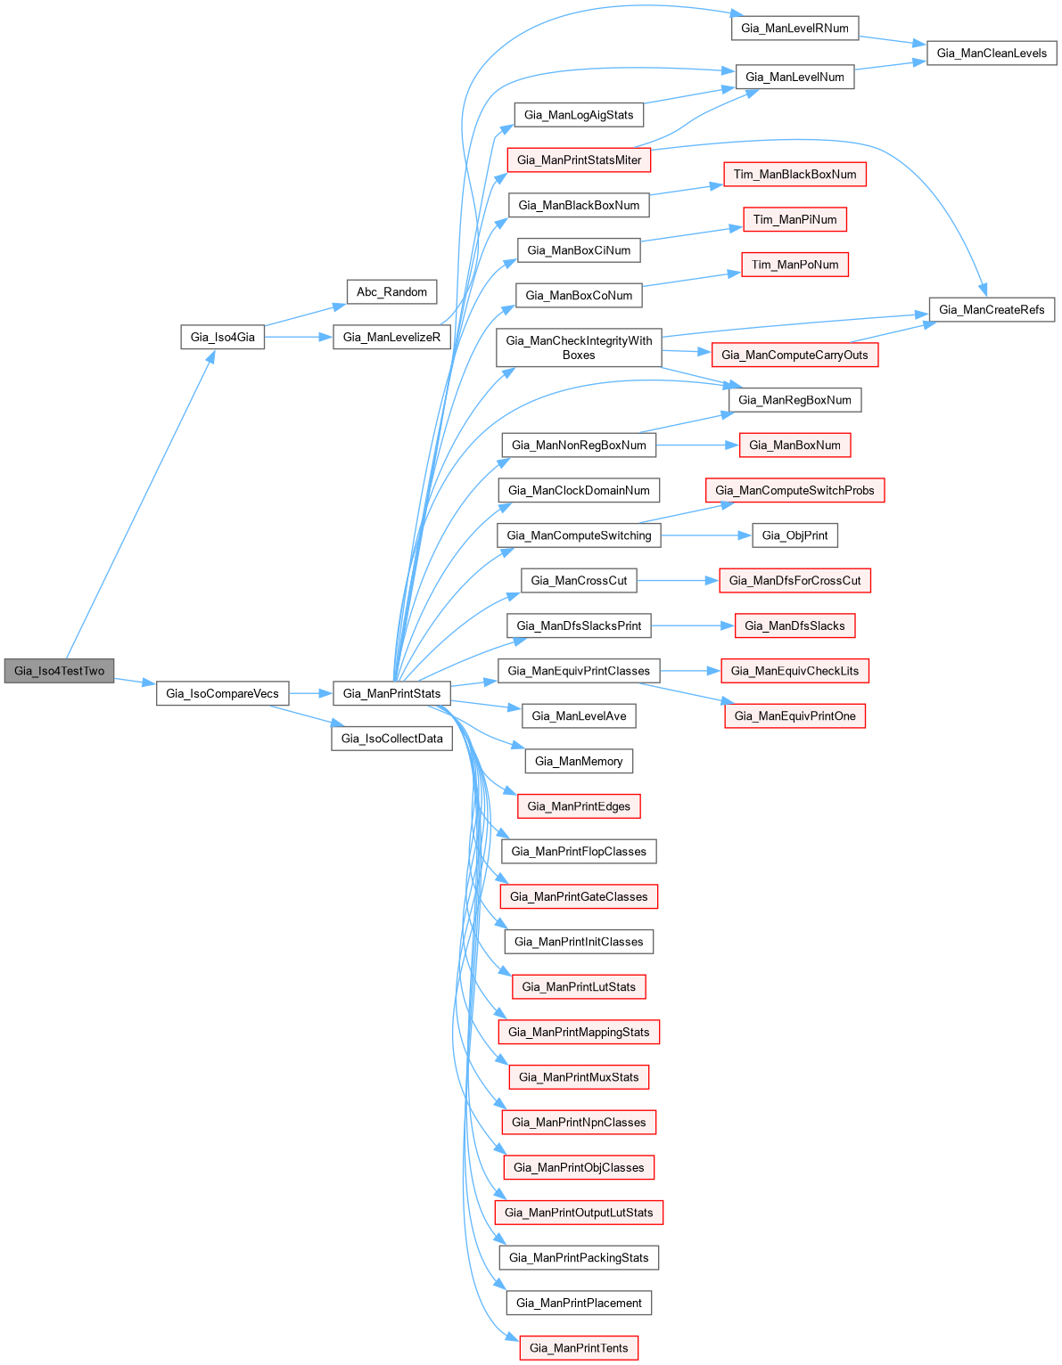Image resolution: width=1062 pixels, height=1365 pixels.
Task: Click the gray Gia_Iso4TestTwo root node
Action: coord(59,671)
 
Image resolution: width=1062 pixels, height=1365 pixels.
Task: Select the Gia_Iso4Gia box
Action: coord(222,337)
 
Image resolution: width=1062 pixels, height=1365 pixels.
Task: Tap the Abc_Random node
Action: coord(391,291)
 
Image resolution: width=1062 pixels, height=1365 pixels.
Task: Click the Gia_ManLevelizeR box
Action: coord(391,337)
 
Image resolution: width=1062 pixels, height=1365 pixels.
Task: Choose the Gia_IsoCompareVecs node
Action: coord(222,693)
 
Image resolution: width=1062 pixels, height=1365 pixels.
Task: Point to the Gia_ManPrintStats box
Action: coord(391,693)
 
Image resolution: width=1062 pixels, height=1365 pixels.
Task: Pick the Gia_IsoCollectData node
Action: coord(391,739)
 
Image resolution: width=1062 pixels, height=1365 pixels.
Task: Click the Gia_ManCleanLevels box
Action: coord(992,53)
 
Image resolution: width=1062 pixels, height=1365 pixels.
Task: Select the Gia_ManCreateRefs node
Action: coord(992,309)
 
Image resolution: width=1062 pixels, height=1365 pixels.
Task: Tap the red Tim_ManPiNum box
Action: coord(794,219)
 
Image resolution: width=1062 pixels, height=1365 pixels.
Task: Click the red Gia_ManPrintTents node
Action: coord(579,1347)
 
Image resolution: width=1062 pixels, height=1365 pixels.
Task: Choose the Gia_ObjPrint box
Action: coord(794,535)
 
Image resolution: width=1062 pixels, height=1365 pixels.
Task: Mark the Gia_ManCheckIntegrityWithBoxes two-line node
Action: coord(579,347)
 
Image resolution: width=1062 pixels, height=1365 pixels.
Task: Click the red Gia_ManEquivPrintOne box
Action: coord(794,715)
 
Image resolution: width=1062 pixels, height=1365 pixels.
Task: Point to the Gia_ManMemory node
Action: coord(579,761)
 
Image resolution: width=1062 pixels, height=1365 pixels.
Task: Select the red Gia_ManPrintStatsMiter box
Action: coord(579,159)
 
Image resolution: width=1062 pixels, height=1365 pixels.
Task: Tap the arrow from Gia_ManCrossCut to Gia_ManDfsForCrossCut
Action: coord(678,581)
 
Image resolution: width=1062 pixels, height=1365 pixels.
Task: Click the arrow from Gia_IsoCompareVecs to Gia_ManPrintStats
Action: coord(310,693)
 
